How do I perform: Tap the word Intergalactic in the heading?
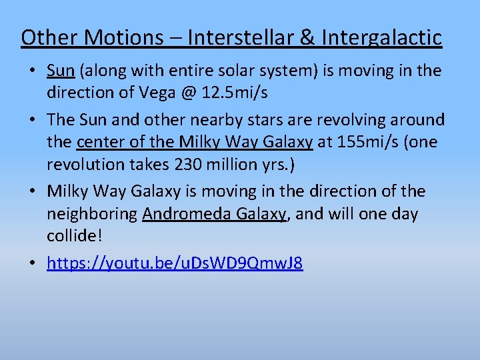click(381, 37)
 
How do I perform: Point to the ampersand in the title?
click(308, 37)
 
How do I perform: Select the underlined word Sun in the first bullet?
click(61, 71)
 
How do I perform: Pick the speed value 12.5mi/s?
click(235, 93)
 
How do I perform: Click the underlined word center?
click(99, 142)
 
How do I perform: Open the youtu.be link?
click(175, 263)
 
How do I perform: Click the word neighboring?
click(93, 213)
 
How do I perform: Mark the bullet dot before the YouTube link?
click(33, 264)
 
